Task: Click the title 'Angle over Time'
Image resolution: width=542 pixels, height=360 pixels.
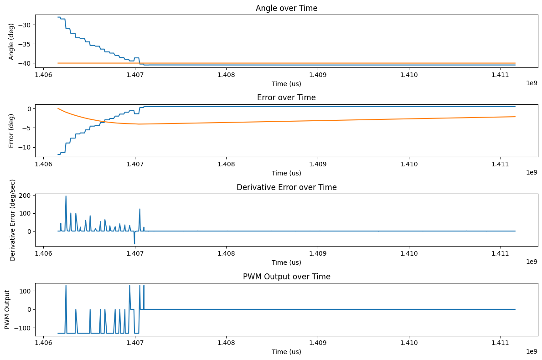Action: pyautogui.click(x=286, y=8)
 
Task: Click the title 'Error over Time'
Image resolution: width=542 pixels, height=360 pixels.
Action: pyautogui.click(x=286, y=98)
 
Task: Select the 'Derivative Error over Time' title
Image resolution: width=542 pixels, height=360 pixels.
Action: pyautogui.click(x=286, y=187)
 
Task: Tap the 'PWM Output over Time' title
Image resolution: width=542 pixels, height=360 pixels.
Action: pyautogui.click(x=286, y=277)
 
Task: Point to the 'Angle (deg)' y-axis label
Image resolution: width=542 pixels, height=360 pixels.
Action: pyautogui.click(x=11, y=41)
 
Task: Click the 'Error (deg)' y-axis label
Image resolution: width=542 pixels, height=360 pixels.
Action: pyautogui.click(x=11, y=130)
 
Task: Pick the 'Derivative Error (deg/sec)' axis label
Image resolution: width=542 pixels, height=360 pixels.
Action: pyautogui.click(x=12, y=220)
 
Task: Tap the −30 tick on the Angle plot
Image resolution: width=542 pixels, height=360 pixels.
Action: pyautogui.click(x=24, y=25)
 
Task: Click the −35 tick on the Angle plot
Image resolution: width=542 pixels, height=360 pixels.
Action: pyautogui.click(x=24, y=44)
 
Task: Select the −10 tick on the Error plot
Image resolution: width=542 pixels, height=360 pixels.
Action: pyautogui.click(x=24, y=147)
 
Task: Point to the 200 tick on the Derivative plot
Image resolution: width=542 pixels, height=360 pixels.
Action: pyautogui.click(x=25, y=195)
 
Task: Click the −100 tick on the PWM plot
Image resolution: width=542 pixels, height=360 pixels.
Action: pyautogui.click(x=22, y=328)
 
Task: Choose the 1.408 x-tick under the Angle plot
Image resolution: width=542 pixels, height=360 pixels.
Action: pyautogui.click(x=226, y=75)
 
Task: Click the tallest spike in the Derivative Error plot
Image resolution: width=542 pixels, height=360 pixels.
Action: pyautogui.click(x=66, y=196)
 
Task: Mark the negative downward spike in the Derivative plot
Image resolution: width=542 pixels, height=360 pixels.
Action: pyautogui.click(x=134, y=243)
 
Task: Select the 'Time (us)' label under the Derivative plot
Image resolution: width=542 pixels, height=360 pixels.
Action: pyautogui.click(x=286, y=262)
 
